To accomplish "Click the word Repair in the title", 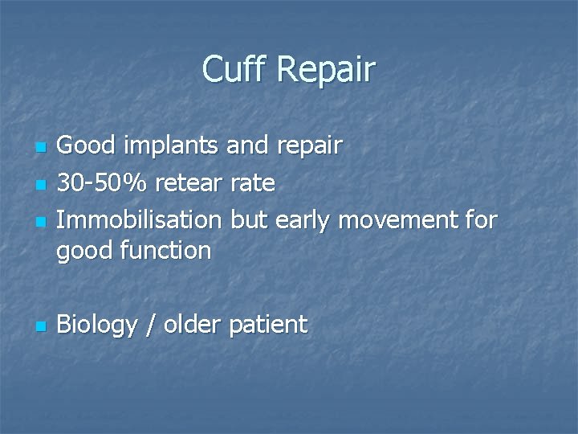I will pyautogui.click(x=325, y=71).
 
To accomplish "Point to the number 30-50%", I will pyautogui.click(x=102, y=184).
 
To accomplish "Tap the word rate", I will pyautogui.click(x=254, y=184).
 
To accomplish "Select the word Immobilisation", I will pyautogui.click(x=140, y=219).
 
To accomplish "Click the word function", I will pyautogui.click(x=165, y=252).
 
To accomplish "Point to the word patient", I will pyautogui.click(x=269, y=325).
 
